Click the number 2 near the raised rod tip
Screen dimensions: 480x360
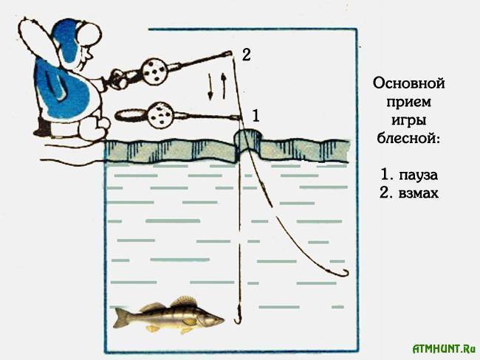246,55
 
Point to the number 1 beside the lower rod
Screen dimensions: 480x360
256,116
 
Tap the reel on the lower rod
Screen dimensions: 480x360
160,115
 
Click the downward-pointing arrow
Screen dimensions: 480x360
210,86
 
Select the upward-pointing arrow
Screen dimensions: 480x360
224,86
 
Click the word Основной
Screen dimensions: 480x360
408,83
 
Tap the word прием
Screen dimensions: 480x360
408,102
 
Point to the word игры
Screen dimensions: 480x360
408,120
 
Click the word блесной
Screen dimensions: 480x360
408,138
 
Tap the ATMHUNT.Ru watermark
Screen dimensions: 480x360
445,349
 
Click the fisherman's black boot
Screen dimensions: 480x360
41,129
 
